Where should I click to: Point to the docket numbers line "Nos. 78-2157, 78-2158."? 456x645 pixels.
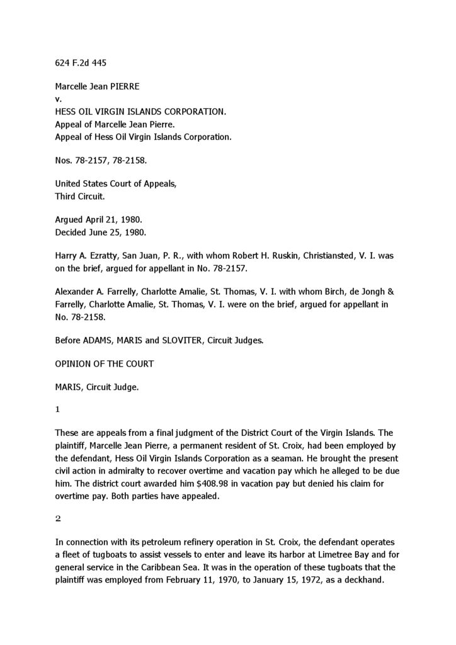point(101,160)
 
